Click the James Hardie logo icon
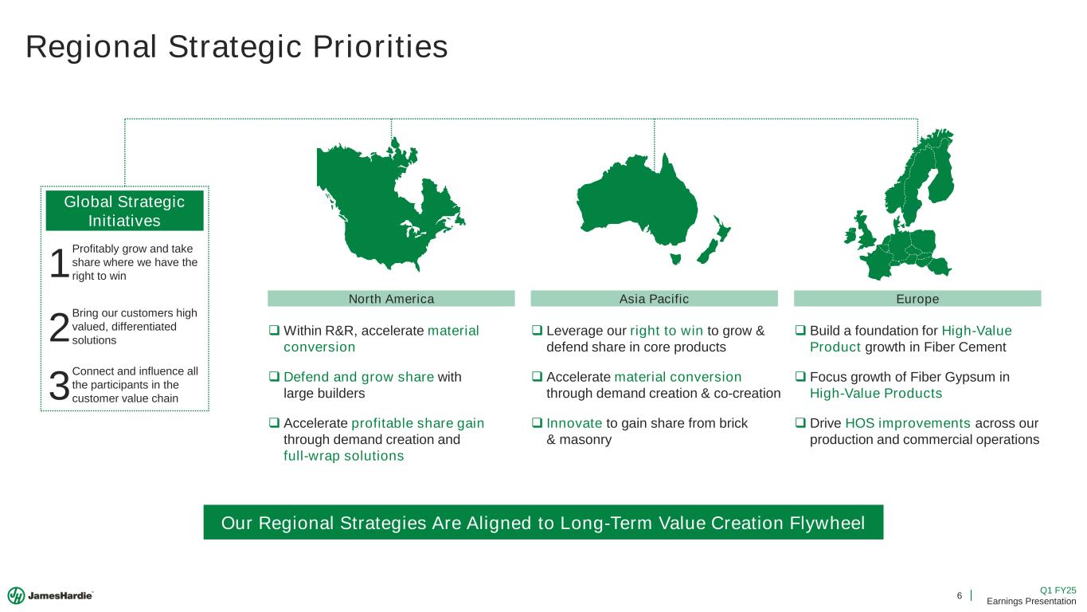tap(16, 595)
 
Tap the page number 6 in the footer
tap(960, 595)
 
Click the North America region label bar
tap(391, 299)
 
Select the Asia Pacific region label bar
tap(654, 299)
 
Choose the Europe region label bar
tap(917, 299)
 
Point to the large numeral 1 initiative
tap(59, 263)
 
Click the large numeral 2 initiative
tap(59, 328)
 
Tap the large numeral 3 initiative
tap(59, 386)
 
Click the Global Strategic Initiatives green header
tap(125, 211)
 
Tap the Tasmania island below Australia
tap(675, 258)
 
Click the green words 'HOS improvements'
tap(908, 424)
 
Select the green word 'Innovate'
tap(574, 424)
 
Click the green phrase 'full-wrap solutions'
tap(343, 456)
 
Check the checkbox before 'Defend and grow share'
tap(274, 376)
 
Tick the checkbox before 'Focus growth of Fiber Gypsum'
tap(800, 376)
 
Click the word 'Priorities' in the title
tap(381, 47)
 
